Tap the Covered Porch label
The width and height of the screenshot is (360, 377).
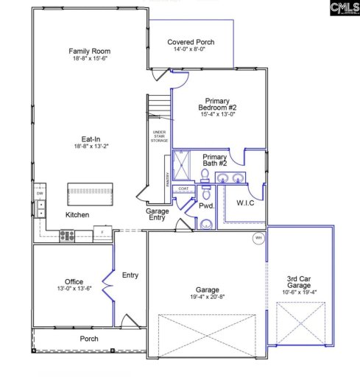[x=191, y=43]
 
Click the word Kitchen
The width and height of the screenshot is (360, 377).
[x=77, y=215]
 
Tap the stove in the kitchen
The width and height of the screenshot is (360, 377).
[x=67, y=236]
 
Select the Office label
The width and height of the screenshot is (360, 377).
[x=74, y=282]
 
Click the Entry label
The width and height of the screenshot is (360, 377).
[x=130, y=275]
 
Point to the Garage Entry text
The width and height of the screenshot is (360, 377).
[x=157, y=214]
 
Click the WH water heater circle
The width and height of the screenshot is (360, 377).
[x=258, y=238]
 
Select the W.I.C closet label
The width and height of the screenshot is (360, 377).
[x=246, y=202]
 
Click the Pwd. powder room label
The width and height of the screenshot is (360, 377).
[x=207, y=207]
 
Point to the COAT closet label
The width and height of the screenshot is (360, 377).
[x=183, y=188]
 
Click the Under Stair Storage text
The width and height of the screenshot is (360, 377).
[x=159, y=135]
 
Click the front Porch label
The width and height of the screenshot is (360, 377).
[x=89, y=339]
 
